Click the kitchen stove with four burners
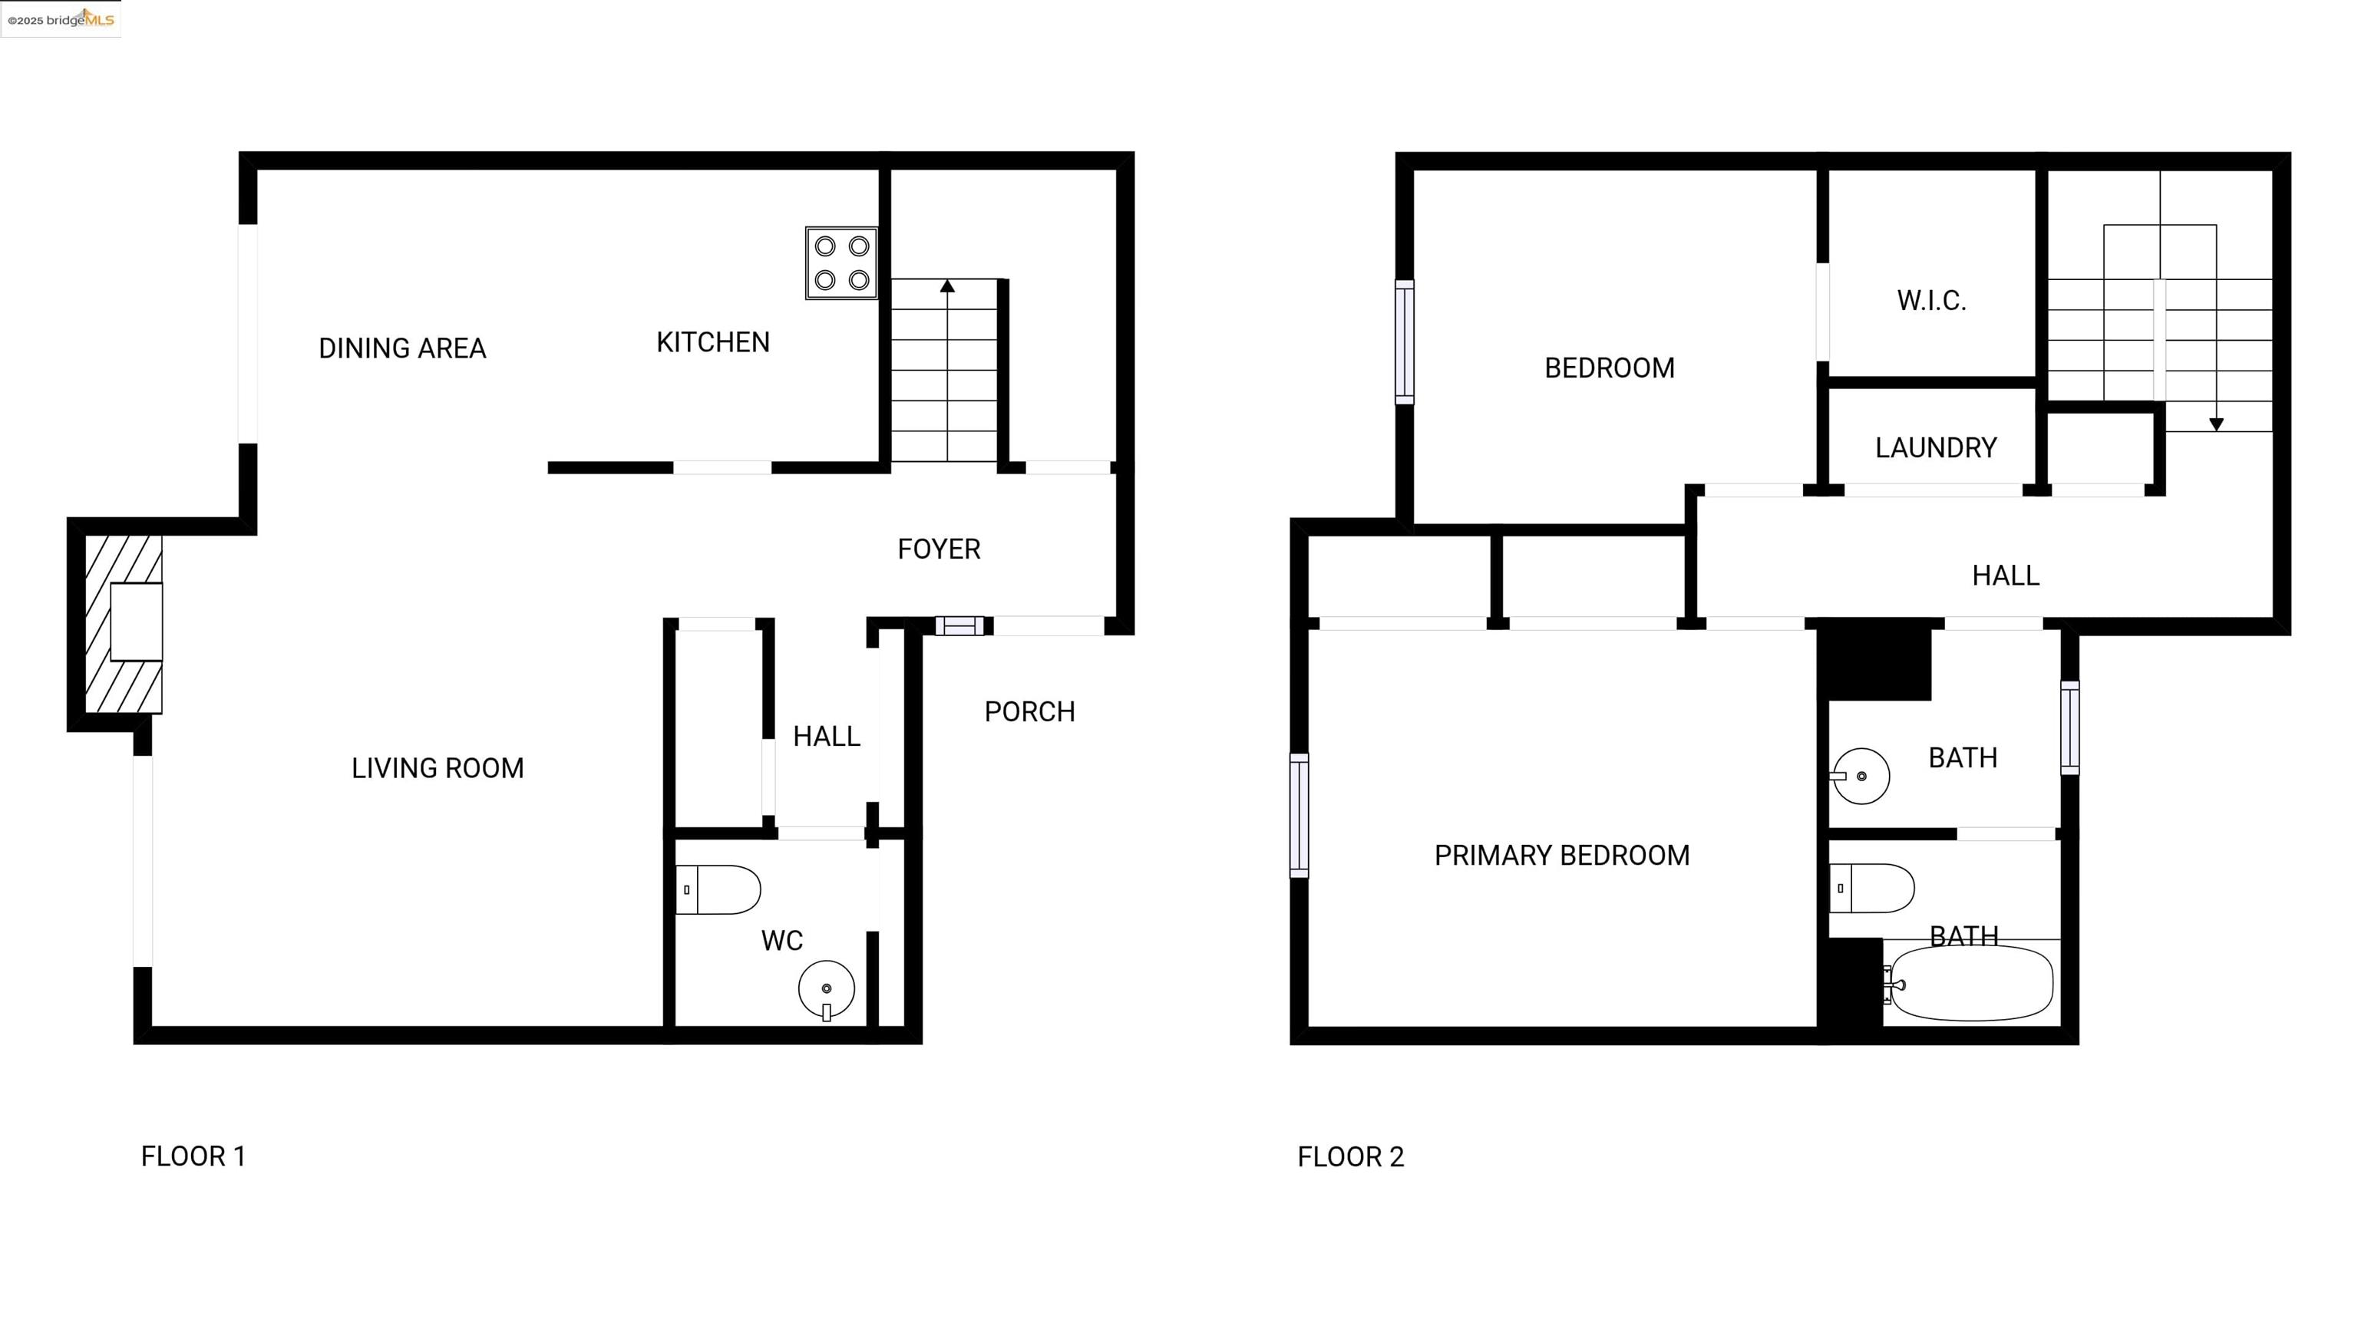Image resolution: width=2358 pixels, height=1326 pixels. point(841,262)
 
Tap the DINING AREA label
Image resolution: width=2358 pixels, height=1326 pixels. point(402,348)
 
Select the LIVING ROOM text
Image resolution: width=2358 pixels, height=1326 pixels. point(438,768)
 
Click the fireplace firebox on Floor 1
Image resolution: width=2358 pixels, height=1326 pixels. point(137,622)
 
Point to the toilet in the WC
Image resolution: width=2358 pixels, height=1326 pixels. point(718,889)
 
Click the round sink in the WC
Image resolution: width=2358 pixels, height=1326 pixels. point(826,989)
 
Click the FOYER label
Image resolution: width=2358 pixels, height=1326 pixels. point(938,549)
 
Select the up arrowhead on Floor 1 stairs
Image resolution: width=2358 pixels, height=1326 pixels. point(947,286)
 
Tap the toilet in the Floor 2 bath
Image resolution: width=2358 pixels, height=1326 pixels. point(1872,888)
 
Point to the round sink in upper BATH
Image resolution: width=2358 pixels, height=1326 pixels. point(1861,776)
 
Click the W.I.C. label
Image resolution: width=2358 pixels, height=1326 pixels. point(1931,301)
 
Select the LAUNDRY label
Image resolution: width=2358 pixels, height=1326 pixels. point(1935,448)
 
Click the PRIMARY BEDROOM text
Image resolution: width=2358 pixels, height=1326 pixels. point(1561,856)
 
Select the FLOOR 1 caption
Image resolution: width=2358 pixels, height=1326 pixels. point(193,1156)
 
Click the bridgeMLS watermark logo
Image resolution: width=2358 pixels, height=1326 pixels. point(61,18)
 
